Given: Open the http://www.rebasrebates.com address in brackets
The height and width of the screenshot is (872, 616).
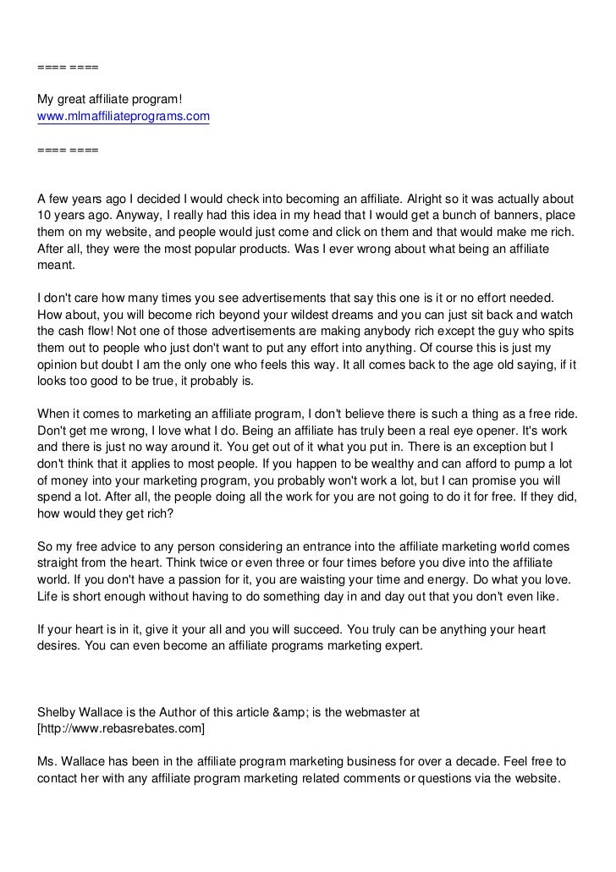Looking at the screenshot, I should [121, 728].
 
